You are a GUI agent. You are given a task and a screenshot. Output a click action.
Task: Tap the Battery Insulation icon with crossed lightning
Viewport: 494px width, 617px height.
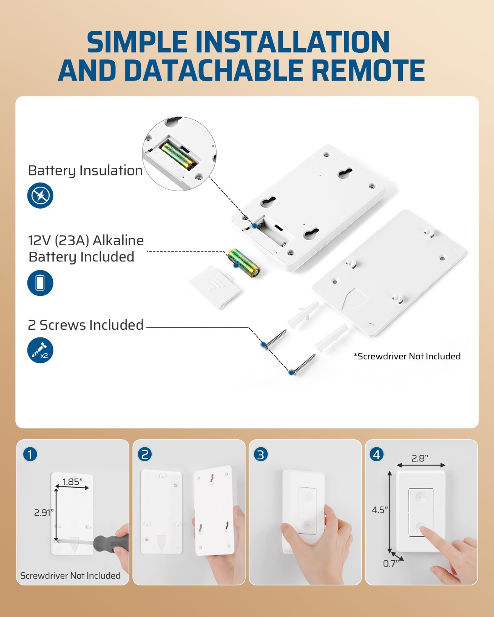(x=40, y=196)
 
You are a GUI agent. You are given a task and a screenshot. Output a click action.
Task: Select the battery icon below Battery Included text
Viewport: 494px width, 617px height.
(x=40, y=283)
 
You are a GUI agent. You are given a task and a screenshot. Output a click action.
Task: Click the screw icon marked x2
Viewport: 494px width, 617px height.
(x=40, y=350)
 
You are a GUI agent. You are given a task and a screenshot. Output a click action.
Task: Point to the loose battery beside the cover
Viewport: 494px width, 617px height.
(x=244, y=263)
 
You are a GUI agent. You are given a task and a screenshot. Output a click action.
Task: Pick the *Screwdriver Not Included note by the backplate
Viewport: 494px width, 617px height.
(x=407, y=356)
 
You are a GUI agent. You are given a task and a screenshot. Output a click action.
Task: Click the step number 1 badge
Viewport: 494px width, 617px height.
(x=30, y=454)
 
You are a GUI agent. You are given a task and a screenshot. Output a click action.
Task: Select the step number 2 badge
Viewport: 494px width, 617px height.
(x=145, y=454)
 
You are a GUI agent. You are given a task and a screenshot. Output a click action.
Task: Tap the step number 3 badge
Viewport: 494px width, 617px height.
(x=261, y=454)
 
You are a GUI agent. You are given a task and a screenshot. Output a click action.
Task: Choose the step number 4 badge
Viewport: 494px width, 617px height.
(x=377, y=454)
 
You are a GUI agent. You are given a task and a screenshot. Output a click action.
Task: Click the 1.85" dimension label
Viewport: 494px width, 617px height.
(x=73, y=482)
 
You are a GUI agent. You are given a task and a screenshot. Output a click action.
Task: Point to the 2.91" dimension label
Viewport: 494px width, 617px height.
(x=43, y=512)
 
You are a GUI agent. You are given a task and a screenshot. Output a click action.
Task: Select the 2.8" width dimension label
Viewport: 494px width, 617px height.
(x=420, y=459)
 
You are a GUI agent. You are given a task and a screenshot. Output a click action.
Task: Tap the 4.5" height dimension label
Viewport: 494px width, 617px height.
(x=379, y=510)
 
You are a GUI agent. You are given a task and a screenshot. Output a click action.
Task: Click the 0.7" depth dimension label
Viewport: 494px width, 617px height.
(x=391, y=564)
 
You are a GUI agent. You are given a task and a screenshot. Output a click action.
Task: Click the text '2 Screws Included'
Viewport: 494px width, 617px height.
(x=86, y=325)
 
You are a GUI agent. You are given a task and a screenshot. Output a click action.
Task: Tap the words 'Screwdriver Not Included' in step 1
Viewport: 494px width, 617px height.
(x=70, y=576)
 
